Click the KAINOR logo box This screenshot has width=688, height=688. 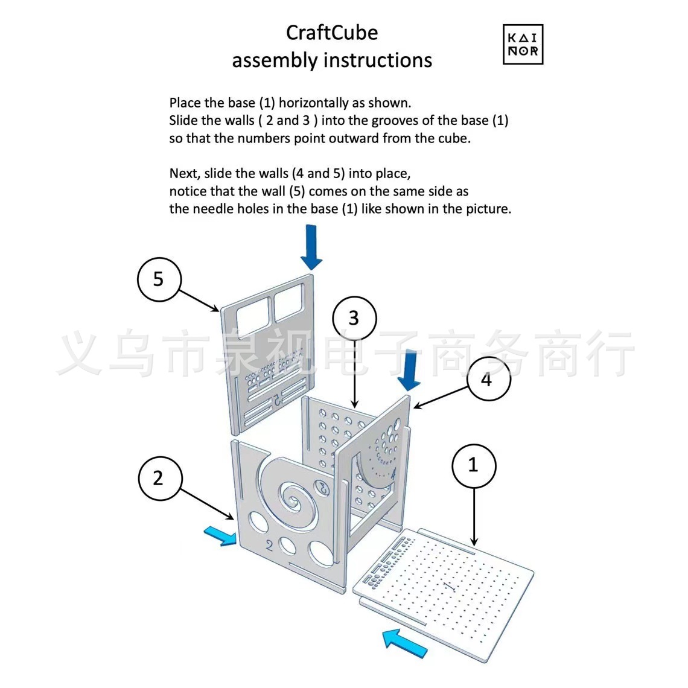[x=523, y=45]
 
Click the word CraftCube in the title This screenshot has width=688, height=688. [x=332, y=33]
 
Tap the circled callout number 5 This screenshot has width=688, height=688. [x=158, y=279]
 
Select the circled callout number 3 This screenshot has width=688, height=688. [x=354, y=318]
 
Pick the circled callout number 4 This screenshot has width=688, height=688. [x=487, y=380]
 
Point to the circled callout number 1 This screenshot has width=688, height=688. [x=473, y=465]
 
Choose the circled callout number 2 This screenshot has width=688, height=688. [x=158, y=479]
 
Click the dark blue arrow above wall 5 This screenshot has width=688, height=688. [x=311, y=247]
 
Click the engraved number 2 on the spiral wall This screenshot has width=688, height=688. [x=269, y=546]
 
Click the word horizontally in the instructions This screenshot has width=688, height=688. [x=313, y=103]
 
